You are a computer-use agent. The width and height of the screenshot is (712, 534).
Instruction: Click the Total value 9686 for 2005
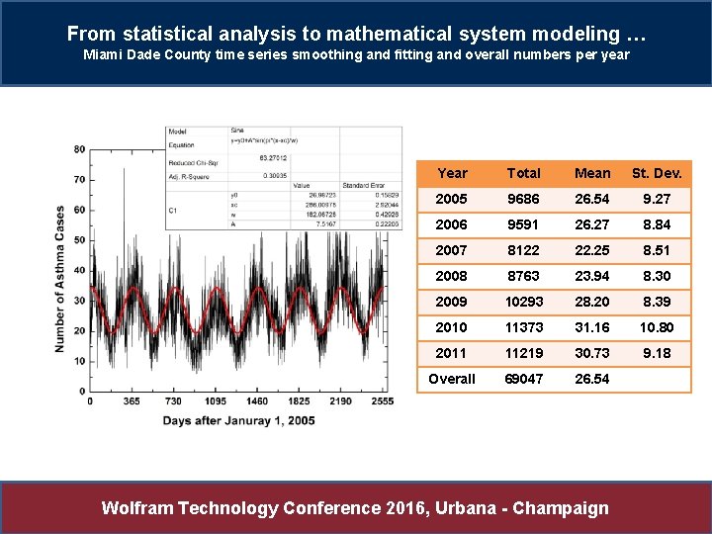pyautogui.click(x=523, y=199)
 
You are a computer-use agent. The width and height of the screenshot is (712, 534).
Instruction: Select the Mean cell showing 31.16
pyautogui.click(x=592, y=327)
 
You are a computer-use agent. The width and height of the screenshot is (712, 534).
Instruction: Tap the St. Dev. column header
pyautogui.click(x=657, y=173)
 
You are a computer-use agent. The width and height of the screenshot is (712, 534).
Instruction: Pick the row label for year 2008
pyautogui.click(x=452, y=276)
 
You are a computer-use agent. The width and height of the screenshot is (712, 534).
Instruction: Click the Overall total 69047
pyautogui.click(x=523, y=379)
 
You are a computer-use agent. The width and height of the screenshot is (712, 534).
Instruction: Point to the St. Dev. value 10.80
pyautogui.click(x=657, y=327)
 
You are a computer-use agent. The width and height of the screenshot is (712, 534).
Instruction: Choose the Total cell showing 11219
pyautogui.click(x=523, y=353)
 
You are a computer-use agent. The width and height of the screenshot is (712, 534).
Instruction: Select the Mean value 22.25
pyautogui.click(x=592, y=250)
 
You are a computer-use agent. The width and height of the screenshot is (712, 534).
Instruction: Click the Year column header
pyautogui.click(x=452, y=173)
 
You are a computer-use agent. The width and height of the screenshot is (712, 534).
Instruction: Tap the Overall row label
pyautogui.click(x=452, y=379)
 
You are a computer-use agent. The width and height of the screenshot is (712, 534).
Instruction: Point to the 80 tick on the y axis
pyautogui.click(x=79, y=149)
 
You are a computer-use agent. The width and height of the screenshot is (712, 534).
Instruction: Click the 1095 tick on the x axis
pyautogui.click(x=216, y=402)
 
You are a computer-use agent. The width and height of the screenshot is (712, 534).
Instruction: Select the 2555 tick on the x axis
pyautogui.click(x=379, y=402)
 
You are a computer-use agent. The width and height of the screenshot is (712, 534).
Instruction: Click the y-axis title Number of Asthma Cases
pyautogui.click(x=60, y=279)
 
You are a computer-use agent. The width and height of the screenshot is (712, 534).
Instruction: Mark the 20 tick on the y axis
pyautogui.click(x=79, y=330)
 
